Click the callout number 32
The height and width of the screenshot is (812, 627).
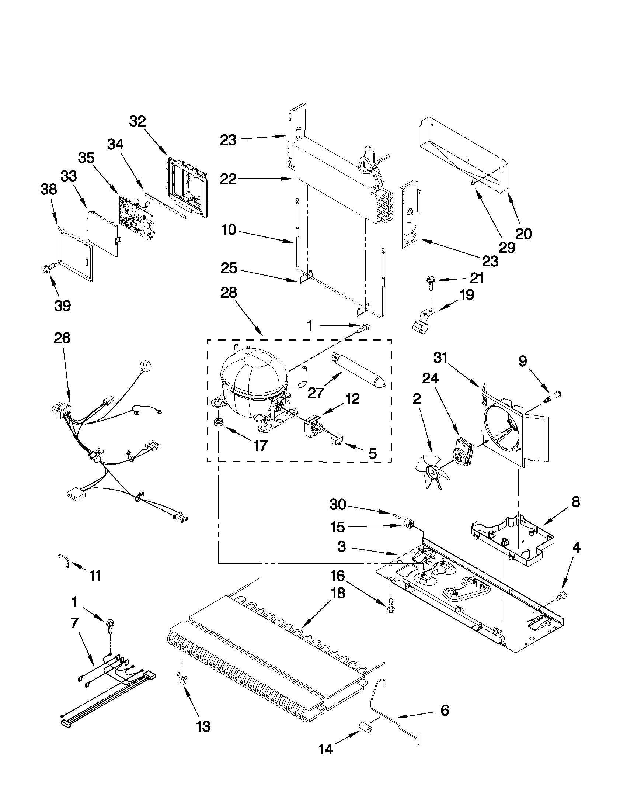coord(137,121)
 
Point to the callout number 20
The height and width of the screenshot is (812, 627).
coord(523,234)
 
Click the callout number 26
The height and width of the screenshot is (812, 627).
coord(62,338)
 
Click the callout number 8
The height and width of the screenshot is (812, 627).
coord(575,502)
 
